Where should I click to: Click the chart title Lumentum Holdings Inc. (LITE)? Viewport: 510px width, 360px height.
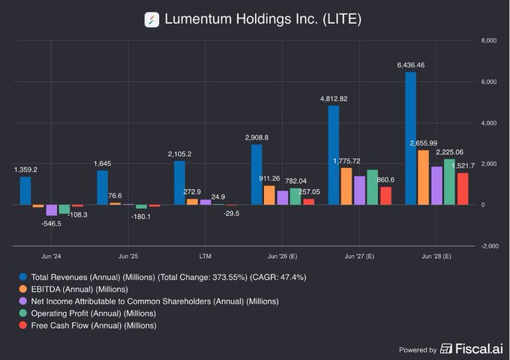point(262,19)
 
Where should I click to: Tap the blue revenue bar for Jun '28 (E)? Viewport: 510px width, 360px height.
point(410,139)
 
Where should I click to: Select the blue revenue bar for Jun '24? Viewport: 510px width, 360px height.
point(25,190)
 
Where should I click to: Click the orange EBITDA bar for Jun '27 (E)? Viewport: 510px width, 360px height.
point(346,186)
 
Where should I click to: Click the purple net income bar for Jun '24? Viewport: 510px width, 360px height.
point(51,210)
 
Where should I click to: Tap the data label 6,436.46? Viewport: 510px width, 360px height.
point(410,66)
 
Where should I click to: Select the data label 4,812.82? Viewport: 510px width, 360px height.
point(334,99)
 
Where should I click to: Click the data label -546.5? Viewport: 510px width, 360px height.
point(52,223)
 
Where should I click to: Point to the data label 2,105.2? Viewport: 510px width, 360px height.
point(180,154)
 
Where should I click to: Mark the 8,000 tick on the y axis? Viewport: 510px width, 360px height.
point(487,40)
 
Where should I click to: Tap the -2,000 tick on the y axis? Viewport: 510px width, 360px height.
point(487,246)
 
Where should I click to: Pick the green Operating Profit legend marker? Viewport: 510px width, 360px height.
point(25,313)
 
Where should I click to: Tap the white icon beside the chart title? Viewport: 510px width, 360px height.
point(152,19)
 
